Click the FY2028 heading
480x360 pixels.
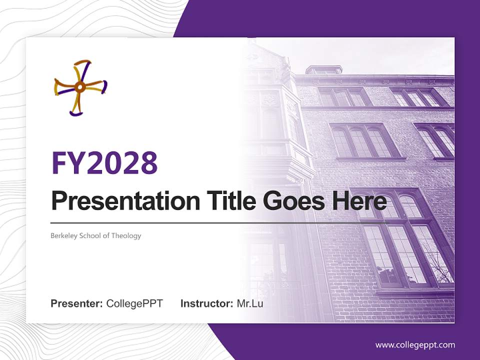point(104,162)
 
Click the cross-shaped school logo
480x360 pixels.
point(80,87)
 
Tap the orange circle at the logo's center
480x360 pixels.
point(79,87)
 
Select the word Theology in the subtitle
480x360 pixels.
point(126,235)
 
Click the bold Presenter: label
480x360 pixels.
point(77,303)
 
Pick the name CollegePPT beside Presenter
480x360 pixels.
point(134,303)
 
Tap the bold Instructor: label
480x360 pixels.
point(206,303)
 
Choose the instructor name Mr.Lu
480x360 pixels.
point(249,303)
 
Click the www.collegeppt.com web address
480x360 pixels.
point(415,344)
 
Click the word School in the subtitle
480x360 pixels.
point(92,235)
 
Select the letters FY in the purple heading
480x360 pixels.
point(68,162)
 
